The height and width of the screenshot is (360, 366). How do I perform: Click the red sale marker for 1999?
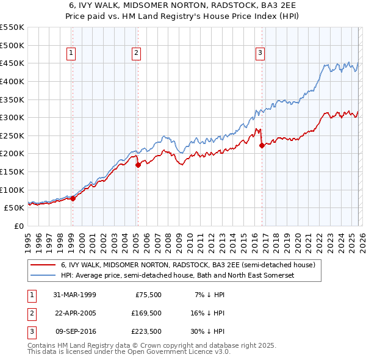point(73,198)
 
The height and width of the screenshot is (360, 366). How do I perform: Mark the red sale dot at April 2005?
point(138,164)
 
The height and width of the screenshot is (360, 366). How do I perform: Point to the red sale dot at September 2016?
point(261,145)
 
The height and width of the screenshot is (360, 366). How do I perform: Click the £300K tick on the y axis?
point(12,117)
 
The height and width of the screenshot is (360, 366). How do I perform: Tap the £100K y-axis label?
point(12,190)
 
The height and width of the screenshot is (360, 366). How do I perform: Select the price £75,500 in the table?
point(148,295)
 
